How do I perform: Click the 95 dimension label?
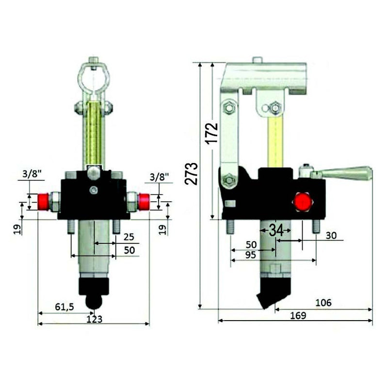(x=251, y=255)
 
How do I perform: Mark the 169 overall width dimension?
(x=298, y=315)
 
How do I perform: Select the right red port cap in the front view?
(x=143, y=200)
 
